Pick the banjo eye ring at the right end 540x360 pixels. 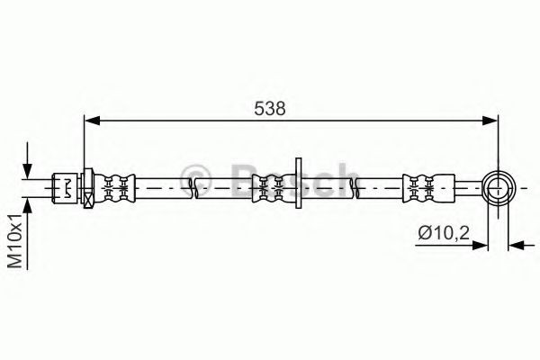499,187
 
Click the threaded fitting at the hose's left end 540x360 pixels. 67,187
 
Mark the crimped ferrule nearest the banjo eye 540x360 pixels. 420,187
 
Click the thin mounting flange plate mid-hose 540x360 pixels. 298,186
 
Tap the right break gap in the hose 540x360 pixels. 353,187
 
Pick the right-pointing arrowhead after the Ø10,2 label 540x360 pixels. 481,244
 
